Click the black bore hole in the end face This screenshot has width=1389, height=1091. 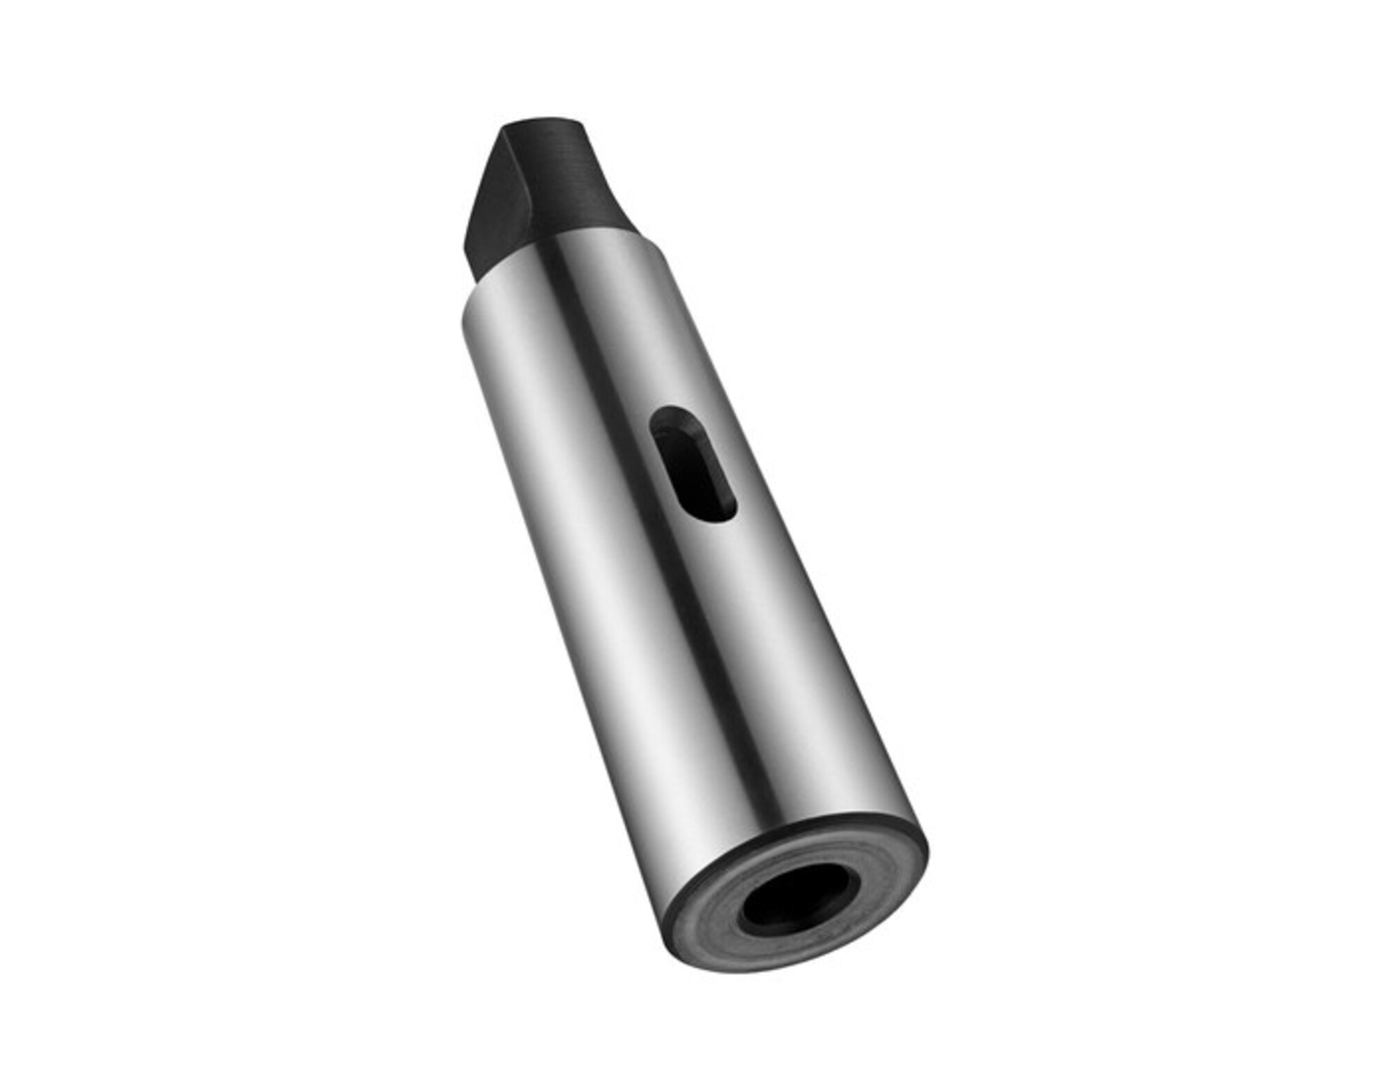click(x=799, y=899)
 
